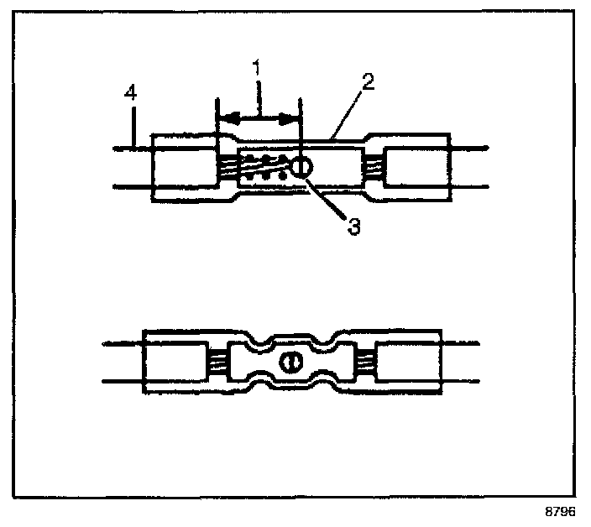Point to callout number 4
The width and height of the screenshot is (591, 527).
[x=130, y=92]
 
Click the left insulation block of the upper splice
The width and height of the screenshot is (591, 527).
[x=185, y=168]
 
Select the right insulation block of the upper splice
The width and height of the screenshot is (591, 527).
[x=416, y=168]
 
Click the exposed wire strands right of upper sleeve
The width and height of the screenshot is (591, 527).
[x=374, y=168]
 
